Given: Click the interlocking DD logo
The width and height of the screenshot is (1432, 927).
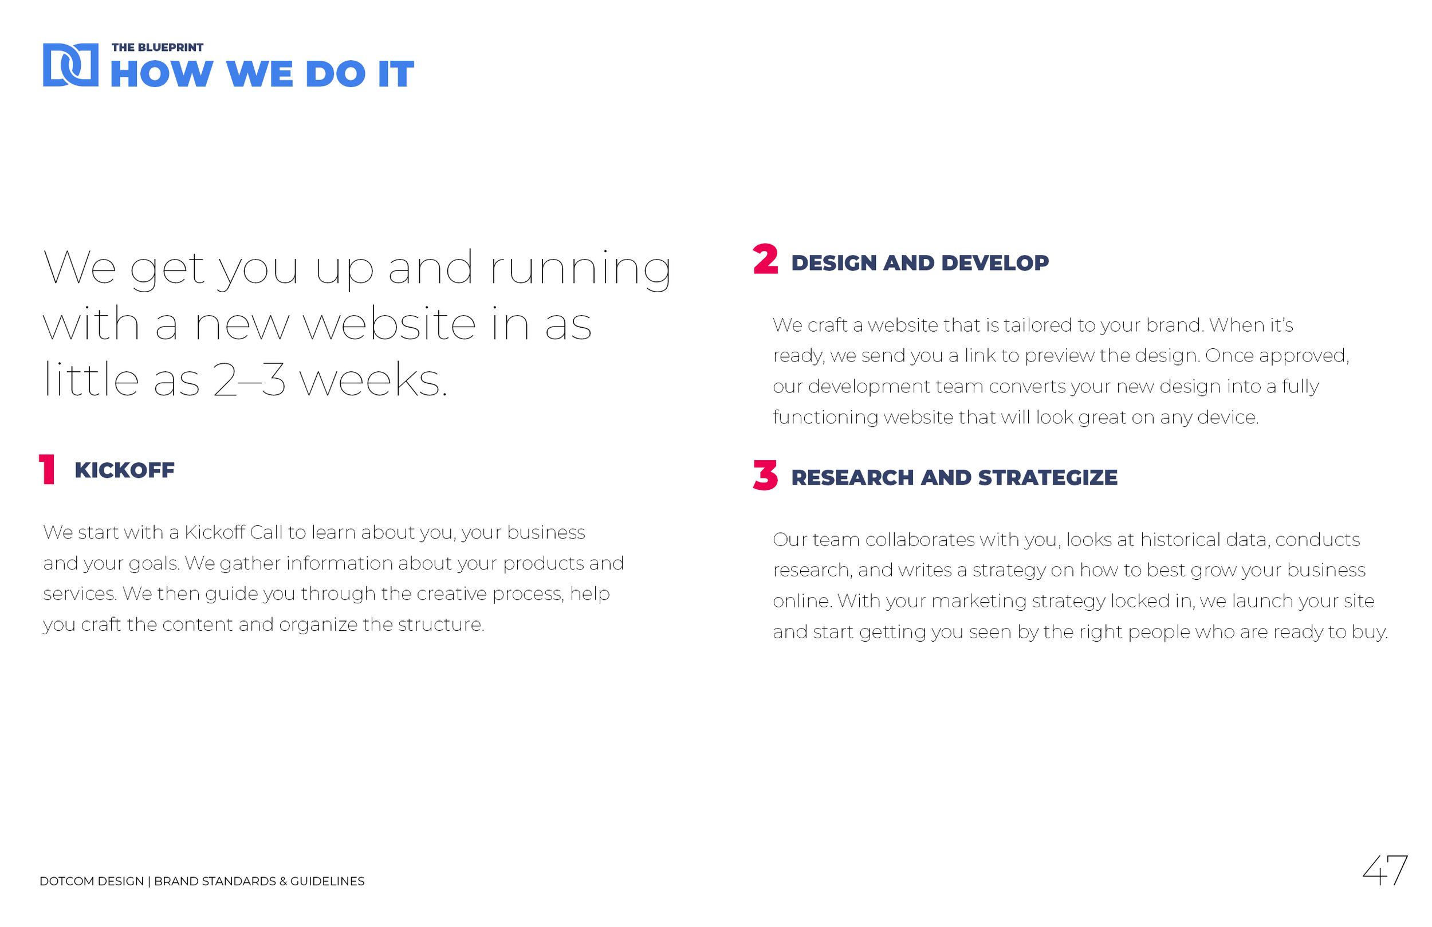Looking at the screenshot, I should tap(70, 65).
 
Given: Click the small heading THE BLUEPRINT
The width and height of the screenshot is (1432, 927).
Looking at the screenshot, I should tap(157, 48).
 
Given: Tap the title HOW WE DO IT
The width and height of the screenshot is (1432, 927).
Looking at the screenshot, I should tap(262, 74).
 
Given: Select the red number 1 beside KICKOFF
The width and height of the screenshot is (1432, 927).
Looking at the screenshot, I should tap(47, 470).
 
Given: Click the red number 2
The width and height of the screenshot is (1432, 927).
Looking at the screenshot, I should tap(765, 260).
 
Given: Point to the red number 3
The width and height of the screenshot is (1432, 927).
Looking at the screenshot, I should tap(765, 476).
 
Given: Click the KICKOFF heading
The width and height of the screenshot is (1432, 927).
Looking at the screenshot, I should tap(124, 471).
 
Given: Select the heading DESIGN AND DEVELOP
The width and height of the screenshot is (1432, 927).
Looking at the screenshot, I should tap(919, 263).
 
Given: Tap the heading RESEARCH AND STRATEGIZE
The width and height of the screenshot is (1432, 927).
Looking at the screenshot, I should tap(954, 478).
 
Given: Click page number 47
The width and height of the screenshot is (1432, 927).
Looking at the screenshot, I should tap(1384, 870).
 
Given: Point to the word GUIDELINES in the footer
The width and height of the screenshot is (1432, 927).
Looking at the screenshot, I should tap(327, 881).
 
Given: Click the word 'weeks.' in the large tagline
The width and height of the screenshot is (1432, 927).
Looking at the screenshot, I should tap(373, 380).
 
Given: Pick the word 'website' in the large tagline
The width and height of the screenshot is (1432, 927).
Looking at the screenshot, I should tap(390, 324).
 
